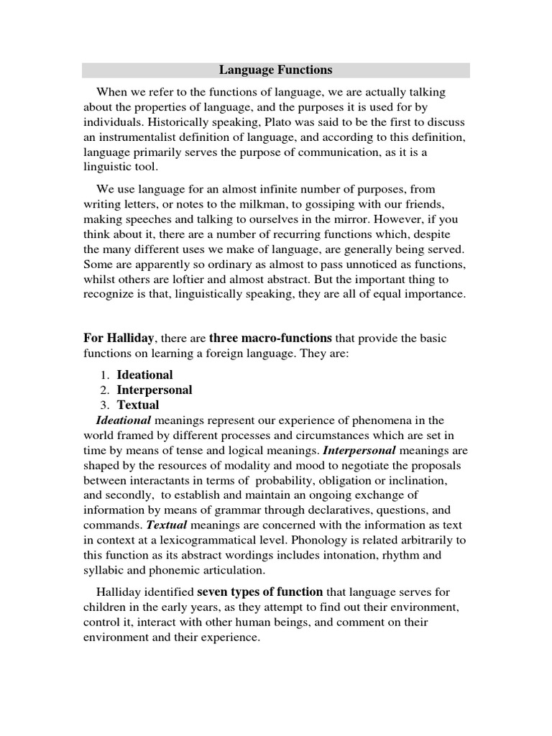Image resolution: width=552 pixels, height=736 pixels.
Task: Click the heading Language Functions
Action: click(275, 70)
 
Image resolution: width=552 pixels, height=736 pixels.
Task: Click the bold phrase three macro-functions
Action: click(270, 338)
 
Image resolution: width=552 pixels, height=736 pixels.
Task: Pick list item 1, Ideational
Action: click(144, 374)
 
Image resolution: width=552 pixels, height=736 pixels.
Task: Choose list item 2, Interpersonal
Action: click(155, 390)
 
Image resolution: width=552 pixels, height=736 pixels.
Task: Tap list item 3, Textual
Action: click(138, 405)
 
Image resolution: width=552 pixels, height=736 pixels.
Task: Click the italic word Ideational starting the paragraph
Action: click(123, 420)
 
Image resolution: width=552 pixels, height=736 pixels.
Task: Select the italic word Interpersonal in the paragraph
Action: click(359, 451)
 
